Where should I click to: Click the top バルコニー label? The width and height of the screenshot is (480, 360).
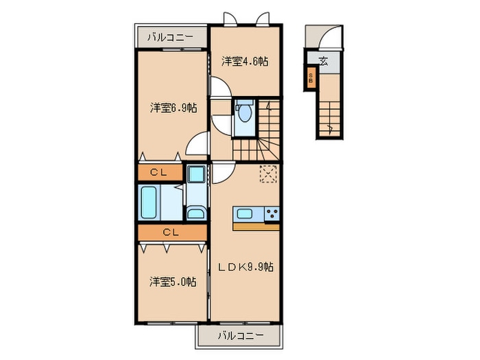click(x=165, y=38)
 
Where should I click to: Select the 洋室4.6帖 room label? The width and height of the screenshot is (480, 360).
click(x=244, y=61)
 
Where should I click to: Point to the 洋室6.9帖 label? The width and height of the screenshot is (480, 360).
click(x=174, y=108)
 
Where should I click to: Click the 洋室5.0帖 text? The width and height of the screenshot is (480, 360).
click(x=173, y=281)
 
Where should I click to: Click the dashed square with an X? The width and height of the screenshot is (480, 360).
click(x=267, y=174)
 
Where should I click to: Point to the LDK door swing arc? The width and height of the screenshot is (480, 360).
click(x=222, y=174)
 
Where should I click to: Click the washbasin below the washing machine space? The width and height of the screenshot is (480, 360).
click(x=195, y=212)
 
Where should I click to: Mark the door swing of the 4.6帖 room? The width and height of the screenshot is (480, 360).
click(x=219, y=89)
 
